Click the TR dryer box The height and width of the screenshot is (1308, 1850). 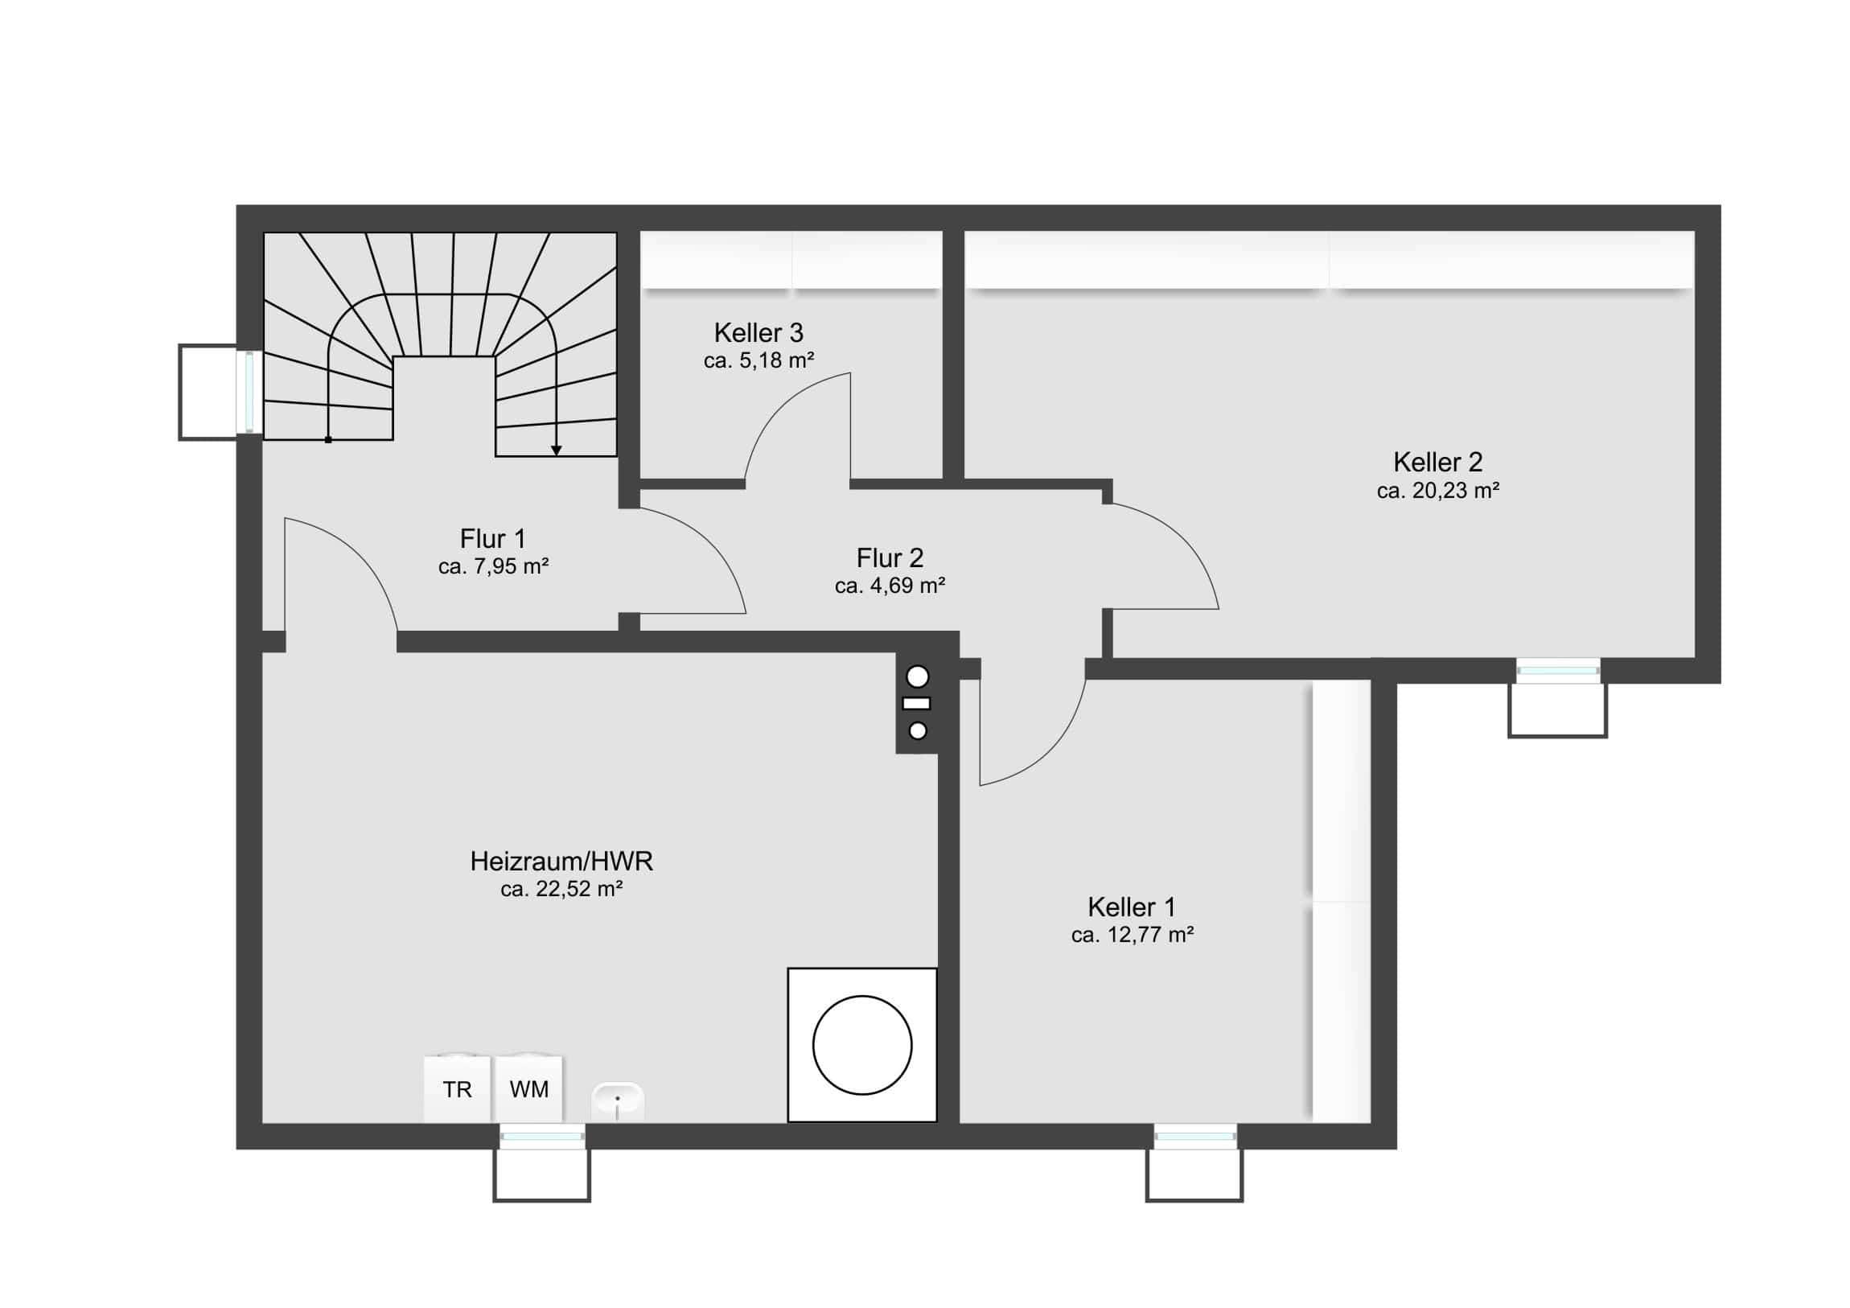tap(457, 1089)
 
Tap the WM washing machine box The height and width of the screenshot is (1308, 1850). tap(528, 1089)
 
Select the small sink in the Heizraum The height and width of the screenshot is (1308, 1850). tap(618, 1100)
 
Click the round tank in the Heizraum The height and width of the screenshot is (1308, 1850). tap(862, 1045)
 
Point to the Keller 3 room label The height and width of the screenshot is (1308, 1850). tap(758, 333)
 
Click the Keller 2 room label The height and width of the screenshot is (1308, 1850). tap(1437, 463)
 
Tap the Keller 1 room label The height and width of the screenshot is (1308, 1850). tap(1131, 907)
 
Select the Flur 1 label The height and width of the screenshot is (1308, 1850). tap(492, 538)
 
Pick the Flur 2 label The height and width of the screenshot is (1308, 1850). tap(890, 557)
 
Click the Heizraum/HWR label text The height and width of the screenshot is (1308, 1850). tap(561, 862)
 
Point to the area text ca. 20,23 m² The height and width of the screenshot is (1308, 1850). tap(1437, 491)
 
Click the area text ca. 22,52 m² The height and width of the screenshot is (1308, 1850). tap(561, 889)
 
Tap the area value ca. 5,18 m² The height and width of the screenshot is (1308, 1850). tap(758, 360)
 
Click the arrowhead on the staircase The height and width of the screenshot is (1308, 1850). tap(556, 450)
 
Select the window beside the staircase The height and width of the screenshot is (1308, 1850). tap(250, 393)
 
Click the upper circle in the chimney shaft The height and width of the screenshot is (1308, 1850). tap(918, 677)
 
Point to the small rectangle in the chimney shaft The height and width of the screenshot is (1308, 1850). tap(917, 704)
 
